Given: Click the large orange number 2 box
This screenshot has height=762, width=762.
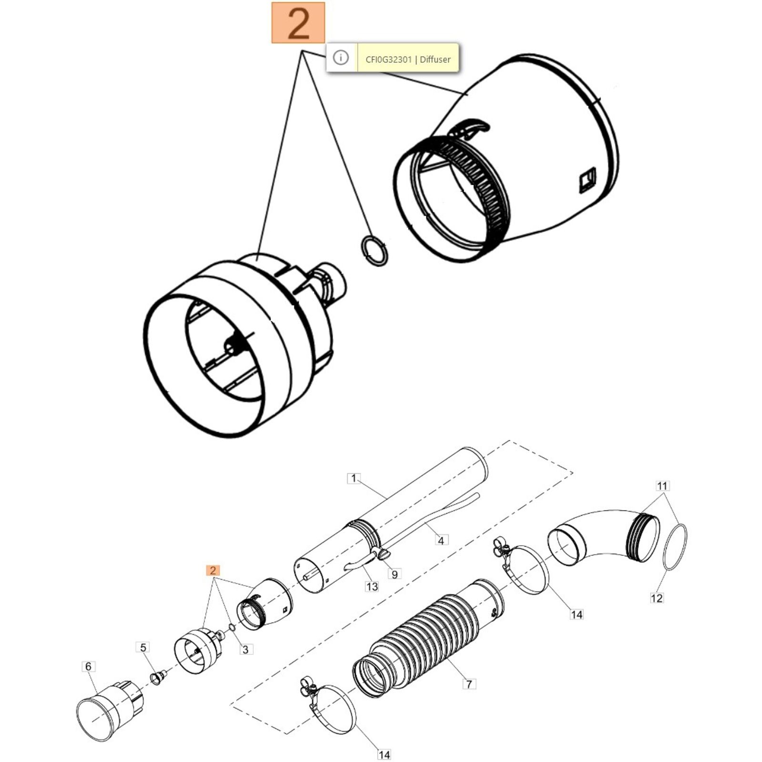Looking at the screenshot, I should coord(298,23).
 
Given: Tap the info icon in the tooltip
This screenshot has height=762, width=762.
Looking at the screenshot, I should coord(341,58).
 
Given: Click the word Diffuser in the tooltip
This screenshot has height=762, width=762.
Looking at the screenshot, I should coord(435,60).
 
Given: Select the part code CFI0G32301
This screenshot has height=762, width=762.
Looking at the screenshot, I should coord(388,60).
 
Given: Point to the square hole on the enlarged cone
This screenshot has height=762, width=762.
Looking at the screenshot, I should coord(587,180).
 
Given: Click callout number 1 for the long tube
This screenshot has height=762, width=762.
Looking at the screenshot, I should coord(353,478).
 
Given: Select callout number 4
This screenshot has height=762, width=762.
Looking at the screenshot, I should coord(441,541).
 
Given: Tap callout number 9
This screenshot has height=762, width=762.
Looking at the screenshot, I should coord(394,574).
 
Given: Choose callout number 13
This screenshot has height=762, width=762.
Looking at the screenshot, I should coord(372,587).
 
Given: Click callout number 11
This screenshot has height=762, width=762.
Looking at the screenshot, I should coord(662,486).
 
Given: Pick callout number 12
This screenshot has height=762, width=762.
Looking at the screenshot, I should coord(656,598).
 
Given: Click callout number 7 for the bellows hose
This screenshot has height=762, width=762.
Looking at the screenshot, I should coord(469,684).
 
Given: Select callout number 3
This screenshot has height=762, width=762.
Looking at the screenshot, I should coord(245,649).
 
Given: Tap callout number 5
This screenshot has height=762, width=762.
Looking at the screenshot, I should coord(143,647).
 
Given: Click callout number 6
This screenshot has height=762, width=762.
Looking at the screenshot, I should coord(88,667).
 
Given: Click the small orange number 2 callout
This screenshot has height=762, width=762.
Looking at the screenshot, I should coord(212,570).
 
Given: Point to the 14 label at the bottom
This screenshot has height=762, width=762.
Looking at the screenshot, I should coord(384,755).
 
